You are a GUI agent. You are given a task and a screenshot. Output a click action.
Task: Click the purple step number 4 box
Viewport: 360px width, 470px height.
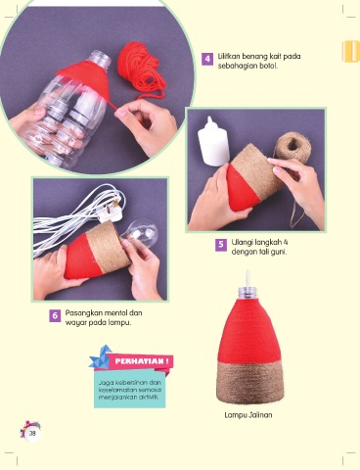[x=207, y=59]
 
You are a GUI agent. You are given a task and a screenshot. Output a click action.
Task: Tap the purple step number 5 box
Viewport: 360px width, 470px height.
[x=221, y=245]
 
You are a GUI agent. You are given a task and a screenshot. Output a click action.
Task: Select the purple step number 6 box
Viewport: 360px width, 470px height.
[x=55, y=315]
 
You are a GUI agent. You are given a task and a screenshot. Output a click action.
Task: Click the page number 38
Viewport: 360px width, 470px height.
[x=32, y=434]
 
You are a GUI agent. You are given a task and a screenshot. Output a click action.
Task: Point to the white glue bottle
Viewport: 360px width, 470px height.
[x=213, y=141]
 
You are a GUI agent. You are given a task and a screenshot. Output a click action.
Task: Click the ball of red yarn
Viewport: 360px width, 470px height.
[x=141, y=71]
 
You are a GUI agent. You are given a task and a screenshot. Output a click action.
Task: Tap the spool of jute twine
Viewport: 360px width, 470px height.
[x=291, y=148]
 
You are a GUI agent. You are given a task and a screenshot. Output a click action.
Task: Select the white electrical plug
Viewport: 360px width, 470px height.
[x=111, y=213]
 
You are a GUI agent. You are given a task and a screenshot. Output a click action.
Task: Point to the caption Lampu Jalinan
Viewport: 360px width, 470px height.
[x=248, y=415]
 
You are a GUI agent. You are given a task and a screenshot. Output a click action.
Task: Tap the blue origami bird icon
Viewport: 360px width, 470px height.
[x=101, y=357]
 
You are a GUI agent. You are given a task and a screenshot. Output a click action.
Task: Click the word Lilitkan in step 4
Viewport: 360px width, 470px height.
[x=229, y=56]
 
